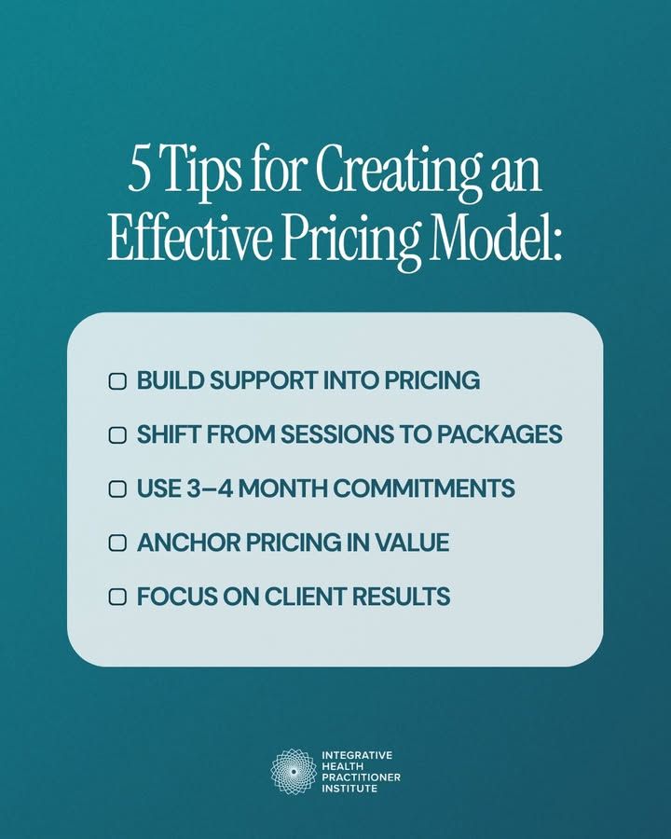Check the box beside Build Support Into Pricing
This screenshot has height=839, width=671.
click(117, 381)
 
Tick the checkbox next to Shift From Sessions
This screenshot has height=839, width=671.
click(117, 435)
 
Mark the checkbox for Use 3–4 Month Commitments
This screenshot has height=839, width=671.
click(117, 489)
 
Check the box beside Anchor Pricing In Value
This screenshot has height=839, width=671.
click(117, 543)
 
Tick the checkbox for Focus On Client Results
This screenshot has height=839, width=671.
click(117, 597)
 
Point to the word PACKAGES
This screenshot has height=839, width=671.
click(500, 434)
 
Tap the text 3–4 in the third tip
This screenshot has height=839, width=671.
click(210, 488)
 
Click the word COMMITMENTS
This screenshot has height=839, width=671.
click(425, 488)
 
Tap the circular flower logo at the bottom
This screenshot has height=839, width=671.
click(294, 772)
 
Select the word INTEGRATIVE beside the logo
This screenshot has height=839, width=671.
click(357, 755)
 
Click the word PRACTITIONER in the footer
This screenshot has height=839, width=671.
click(362, 777)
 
